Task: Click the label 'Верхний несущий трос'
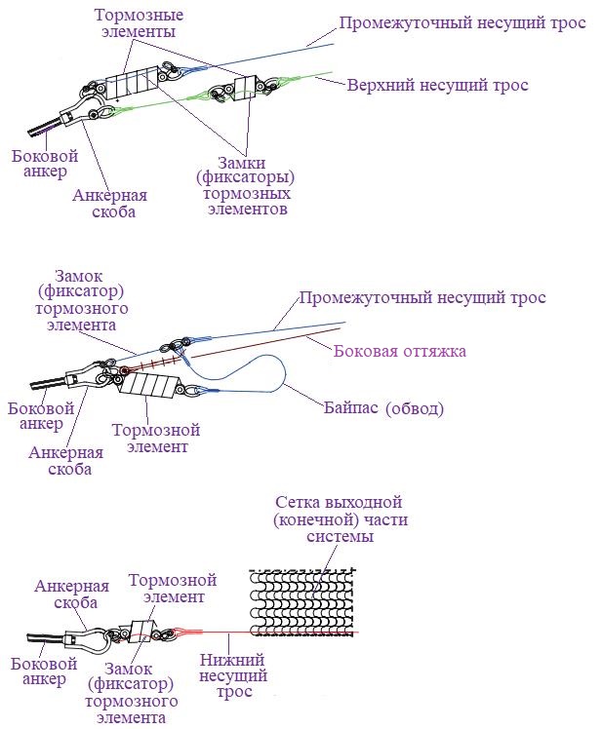437,86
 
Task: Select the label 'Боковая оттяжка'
400,351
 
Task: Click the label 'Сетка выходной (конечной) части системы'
339,519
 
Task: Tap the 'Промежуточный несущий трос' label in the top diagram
462,22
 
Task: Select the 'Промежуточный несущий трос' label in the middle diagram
422,298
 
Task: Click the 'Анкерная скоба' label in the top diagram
104,202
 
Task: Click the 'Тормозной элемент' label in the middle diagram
156,439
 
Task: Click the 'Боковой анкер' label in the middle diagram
35,415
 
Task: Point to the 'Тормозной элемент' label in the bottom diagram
167,588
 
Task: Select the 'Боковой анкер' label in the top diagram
40,164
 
